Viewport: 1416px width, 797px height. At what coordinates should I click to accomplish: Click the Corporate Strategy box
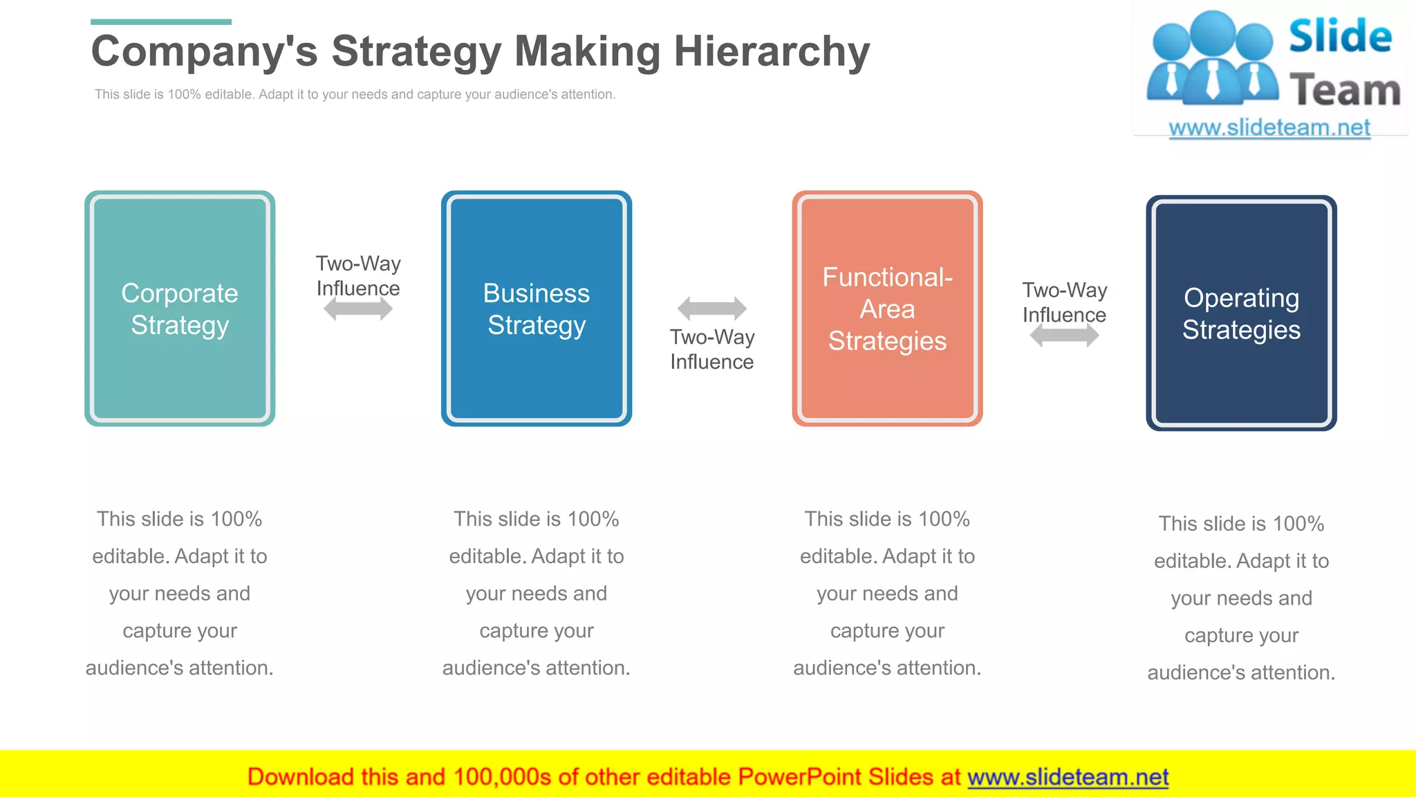pos(180,309)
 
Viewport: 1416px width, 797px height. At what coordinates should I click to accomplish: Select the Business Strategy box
pos(537,309)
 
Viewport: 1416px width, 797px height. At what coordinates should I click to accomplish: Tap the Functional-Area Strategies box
pos(887,309)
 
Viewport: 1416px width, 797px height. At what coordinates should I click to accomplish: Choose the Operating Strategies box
pos(1241,313)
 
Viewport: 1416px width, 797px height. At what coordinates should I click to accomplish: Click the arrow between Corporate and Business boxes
pos(358,309)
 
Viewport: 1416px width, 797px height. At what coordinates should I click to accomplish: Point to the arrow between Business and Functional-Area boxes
pos(711,308)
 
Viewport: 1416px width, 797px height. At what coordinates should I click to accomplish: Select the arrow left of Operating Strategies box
pos(1064,336)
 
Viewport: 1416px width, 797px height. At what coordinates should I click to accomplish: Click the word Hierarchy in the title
pos(772,52)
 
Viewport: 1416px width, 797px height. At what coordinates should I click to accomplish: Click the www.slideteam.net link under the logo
pos(1269,128)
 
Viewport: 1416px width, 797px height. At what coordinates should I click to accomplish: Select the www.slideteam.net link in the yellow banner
pos(1068,777)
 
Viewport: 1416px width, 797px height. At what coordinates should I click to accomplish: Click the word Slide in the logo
pos(1340,37)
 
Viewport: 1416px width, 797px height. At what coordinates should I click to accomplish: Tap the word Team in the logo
pos(1345,91)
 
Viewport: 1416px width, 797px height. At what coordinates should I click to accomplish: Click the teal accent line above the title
pos(161,22)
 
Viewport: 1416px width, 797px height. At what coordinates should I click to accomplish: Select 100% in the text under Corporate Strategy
pos(236,519)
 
